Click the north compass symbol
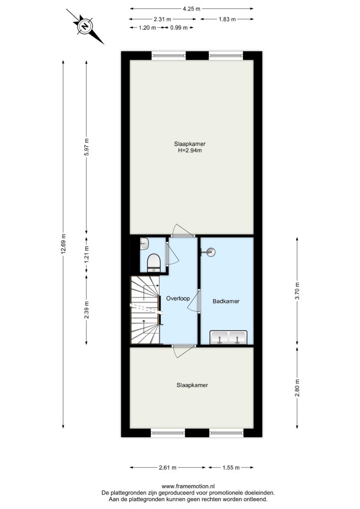[x=85, y=26]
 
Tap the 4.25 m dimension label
[x=191, y=9]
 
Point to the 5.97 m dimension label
[x=87, y=147]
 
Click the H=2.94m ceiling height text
[x=190, y=150]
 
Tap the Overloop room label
[x=178, y=298]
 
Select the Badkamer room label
[x=226, y=301]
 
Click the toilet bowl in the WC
[x=154, y=262]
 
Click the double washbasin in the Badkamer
[x=228, y=338]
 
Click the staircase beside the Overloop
[x=145, y=310]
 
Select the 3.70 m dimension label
[x=297, y=291]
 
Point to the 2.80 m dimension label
[x=297, y=388]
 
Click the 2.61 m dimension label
[x=168, y=467]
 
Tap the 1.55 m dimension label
[x=231, y=467]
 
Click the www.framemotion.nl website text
[x=188, y=486]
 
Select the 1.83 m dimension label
[x=227, y=19]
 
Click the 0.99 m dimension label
[x=179, y=28]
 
